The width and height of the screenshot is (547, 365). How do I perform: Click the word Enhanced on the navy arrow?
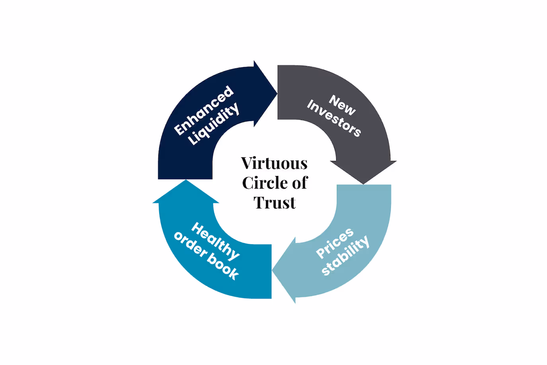coord(203,110)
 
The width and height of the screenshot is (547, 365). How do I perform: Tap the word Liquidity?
coord(214,124)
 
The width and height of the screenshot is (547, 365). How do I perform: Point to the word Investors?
coord(334,118)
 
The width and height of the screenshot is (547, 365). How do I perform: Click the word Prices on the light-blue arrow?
coord(335,243)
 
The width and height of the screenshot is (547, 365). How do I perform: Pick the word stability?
coord(345,255)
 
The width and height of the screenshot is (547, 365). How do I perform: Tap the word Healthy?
coord(216,241)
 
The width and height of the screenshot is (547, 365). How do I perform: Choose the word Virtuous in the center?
coord(274,163)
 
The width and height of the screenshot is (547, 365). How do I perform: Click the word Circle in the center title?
coord(265,183)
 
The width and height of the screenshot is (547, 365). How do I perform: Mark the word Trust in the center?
coord(274,203)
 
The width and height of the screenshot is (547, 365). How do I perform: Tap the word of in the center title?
coord(300,183)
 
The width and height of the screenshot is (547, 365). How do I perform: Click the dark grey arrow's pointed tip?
coord(363,183)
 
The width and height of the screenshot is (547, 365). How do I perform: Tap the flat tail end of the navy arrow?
coord(185,178)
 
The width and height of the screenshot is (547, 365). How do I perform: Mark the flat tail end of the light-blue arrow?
coord(364,185)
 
